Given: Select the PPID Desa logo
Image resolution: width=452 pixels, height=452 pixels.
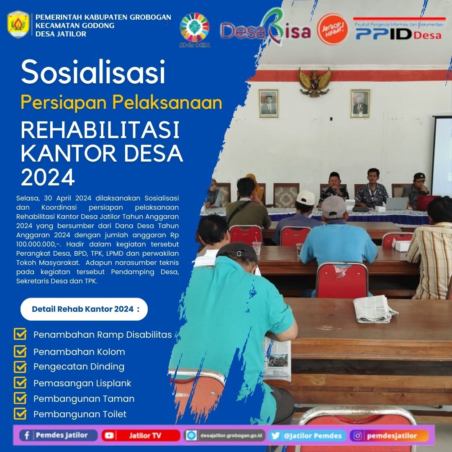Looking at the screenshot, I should tap(398, 31).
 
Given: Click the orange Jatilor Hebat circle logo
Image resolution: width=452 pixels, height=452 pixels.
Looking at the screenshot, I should tap(332, 29).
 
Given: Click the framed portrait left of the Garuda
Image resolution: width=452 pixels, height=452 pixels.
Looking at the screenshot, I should tap(268, 103).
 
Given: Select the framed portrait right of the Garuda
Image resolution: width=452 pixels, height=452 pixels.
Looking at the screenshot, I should tap(360, 103).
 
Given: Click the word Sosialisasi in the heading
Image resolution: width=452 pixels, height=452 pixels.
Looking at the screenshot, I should tap(93, 72).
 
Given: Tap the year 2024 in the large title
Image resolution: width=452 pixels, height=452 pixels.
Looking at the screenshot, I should tap(48, 177).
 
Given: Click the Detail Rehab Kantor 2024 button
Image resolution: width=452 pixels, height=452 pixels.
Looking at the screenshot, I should tap(84, 309).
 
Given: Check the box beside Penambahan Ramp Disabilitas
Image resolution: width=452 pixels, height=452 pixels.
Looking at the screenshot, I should tap(20, 334).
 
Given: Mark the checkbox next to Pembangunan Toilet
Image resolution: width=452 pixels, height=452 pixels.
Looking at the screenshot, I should tap(20, 414).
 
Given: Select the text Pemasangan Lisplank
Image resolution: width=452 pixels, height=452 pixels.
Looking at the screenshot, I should tap(82, 383).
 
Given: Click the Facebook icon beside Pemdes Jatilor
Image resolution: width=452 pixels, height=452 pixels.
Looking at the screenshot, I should tap(27, 435).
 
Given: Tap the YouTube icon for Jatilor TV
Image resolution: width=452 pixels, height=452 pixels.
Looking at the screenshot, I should tap(109, 436).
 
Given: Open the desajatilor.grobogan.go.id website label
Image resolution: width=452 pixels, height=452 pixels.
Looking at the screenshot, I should tap(224, 436).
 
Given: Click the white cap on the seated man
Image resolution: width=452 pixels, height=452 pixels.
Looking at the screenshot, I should tap(306, 198).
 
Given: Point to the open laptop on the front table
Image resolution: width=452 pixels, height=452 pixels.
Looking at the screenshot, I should tap(396, 203).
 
